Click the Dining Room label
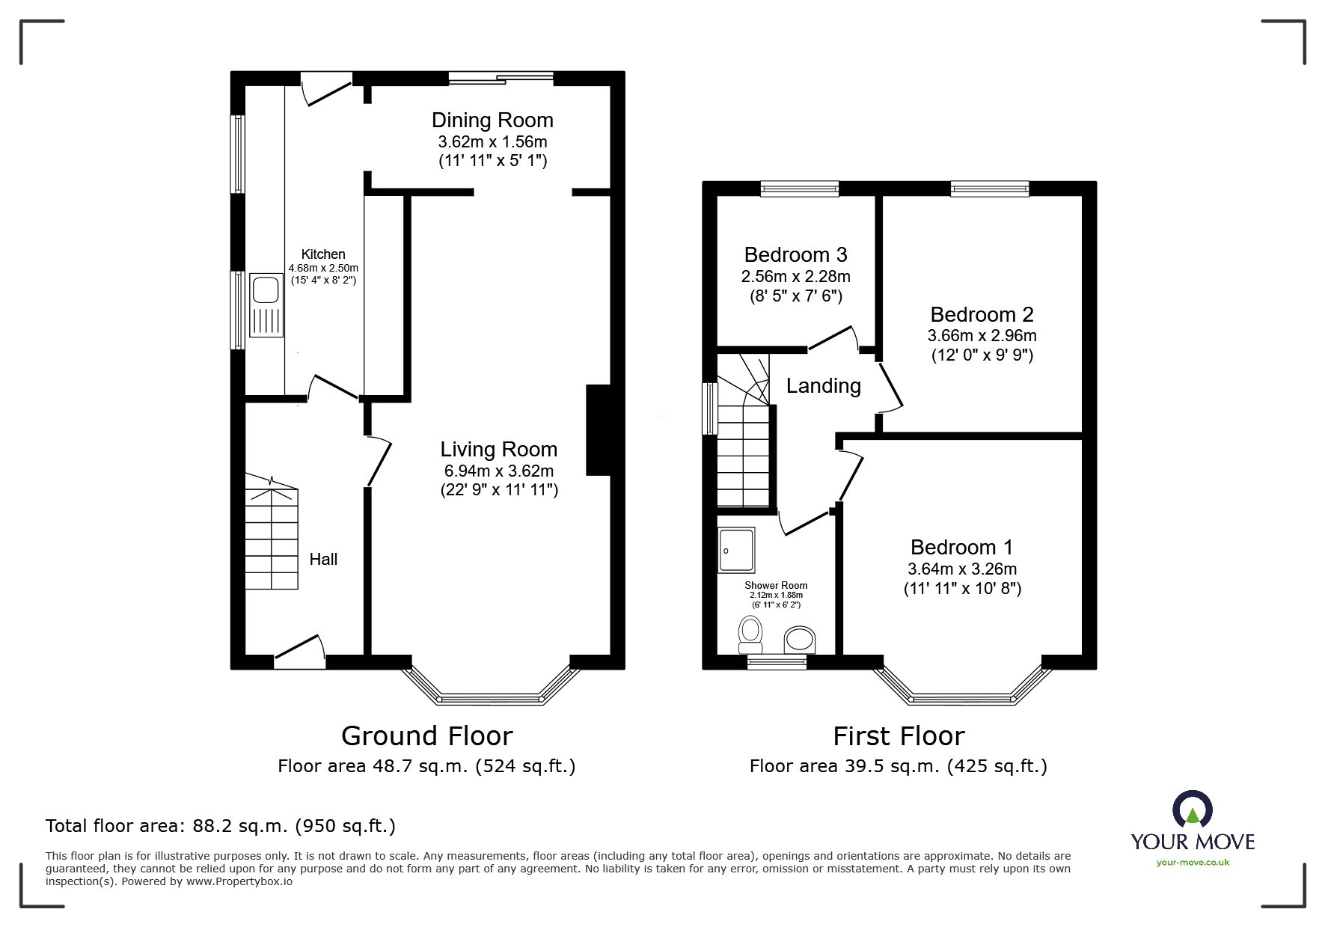[492, 120]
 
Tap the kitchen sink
[266, 305]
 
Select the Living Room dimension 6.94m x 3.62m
[499, 471]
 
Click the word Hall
[323, 559]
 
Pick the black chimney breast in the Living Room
[599, 430]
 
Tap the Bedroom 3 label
[796, 255]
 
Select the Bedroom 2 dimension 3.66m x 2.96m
[982, 336]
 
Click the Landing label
[824, 386]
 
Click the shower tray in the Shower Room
[736, 550]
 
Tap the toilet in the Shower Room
[750, 634]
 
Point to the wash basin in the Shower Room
[800, 640]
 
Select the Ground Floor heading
[427, 736]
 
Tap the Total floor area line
[221, 826]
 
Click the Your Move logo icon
[1193, 810]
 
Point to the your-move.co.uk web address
[1193, 862]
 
